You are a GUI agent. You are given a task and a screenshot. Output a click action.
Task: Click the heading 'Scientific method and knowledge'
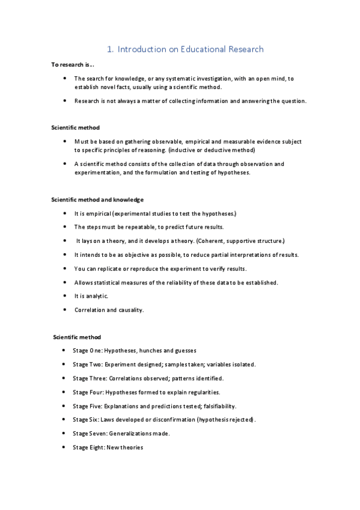[97, 199]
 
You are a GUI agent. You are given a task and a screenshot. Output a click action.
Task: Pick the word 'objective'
[136, 254]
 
